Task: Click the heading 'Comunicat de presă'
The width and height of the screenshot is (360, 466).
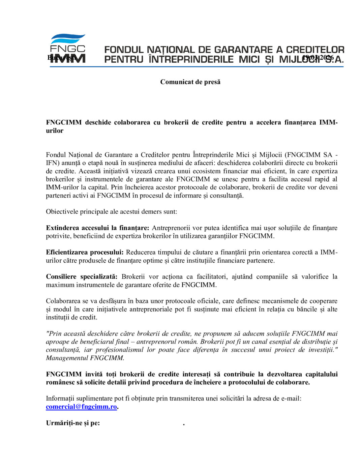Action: [x=190, y=82]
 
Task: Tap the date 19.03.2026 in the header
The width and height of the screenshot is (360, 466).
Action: [x=318, y=58]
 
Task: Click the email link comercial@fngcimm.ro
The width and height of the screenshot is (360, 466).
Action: [x=81, y=407]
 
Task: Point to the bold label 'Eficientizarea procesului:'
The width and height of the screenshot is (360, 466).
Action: [x=85, y=252]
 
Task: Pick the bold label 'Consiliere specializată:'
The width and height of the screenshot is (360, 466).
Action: [x=82, y=276]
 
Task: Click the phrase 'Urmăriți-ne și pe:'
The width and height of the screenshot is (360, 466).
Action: [x=73, y=423]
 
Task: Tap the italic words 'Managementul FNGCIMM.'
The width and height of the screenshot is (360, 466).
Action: [x=85, y=358]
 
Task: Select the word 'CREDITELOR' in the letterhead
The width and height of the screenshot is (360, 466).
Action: [x=315, y=50]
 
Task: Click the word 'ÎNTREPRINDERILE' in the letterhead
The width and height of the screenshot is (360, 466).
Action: [x=191, y=60]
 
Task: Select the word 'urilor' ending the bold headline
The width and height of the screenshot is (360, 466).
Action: [x=55, y=131]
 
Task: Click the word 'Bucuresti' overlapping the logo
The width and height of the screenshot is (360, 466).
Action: [x=62, y=58]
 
